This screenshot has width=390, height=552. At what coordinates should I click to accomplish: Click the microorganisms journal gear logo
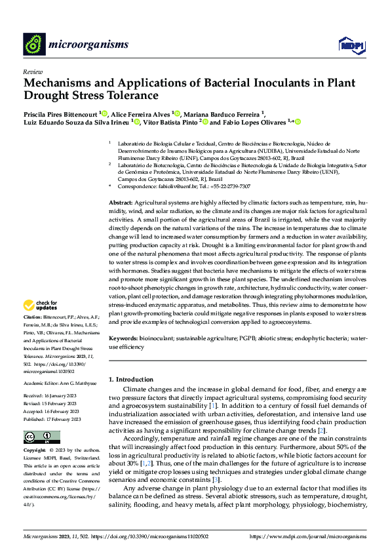pyautogui.click(x=33, y=44)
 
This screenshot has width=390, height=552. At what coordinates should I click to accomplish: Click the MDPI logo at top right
pyautogui.click(x=351, y=45)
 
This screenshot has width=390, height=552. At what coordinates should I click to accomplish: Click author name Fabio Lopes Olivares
pyautogui.click(x=255, y=122)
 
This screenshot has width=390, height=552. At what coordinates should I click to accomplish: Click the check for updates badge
pyautogui.click(x=39, y=305)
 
